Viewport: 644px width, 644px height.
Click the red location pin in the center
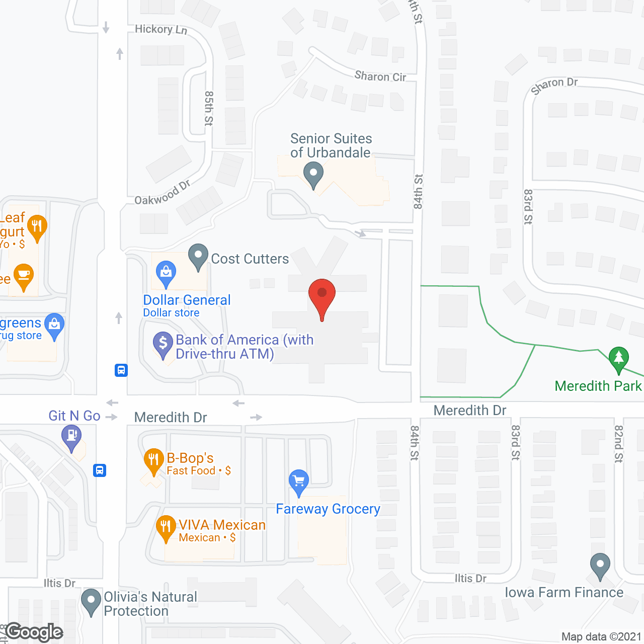pyautogui.click(x=321, y=295)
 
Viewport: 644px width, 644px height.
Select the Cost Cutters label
pyautogui.click(x=250, y=259)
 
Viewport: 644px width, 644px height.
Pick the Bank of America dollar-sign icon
pyautogui.click(x=163, y=343)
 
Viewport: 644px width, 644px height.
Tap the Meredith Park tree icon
pyautogui.click(x=618, y=358)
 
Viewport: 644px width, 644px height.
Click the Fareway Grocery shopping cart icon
pyautogui.click(x=299, y=481)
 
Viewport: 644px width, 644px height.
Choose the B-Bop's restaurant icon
pyautogui.click(x=153, y=460)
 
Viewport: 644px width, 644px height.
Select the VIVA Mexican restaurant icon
pyautogui.click(x=166, y=527)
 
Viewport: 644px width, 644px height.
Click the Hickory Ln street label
pyautogui.click(x=161, y=30)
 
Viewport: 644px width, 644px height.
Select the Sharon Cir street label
pyautogui.click(x=380, y=76)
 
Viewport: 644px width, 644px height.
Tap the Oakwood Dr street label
pyautogui.click(x=162, y=193)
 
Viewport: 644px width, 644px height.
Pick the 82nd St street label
pyautogui.click(x=618, y=443)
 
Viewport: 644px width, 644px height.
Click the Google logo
pyautogui.click(x=34, y=632)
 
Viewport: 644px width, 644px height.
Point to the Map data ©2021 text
pyautogui.click(x=601, y=636)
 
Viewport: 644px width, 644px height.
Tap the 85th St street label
pyautogui.click(x=209, y=108)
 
